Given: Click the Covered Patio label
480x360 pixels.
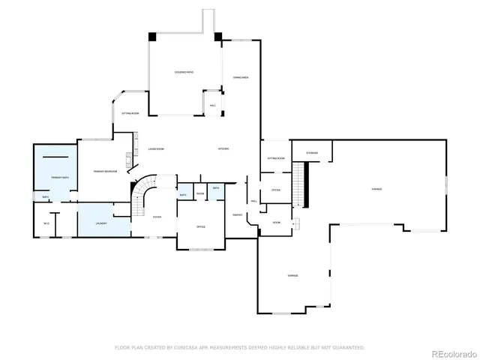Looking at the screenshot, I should click(x=184, y=72).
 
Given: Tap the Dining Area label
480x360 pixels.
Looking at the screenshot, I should click(x=241, y=77).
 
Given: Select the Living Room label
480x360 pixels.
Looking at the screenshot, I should click(x=155, y=148).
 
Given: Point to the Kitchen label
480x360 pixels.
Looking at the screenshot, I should click(x=223, y=148).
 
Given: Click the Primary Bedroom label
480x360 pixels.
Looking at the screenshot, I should click(x=104, y=172).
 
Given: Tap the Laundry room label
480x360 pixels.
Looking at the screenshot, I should click(x=100, y=223).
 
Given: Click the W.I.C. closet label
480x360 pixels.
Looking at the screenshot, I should click(x=46, y=223).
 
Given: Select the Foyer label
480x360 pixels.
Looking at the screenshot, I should click(x=157, y=217).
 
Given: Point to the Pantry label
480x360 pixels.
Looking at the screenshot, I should click(x=236, y=215).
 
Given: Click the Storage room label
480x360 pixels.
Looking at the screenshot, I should click(x=311, y=153).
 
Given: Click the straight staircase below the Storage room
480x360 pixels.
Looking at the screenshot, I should click(x=301, y=184).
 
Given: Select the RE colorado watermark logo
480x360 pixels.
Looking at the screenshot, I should click(x=451, y=352).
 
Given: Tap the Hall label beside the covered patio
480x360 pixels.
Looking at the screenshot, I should click(x=213, y=105).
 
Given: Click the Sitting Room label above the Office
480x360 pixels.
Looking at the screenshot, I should click(x=275, y=158).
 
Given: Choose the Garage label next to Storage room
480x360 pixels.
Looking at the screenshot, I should click(x=376, y=189).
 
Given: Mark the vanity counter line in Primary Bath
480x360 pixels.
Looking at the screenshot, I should click(x=56, y=157).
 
